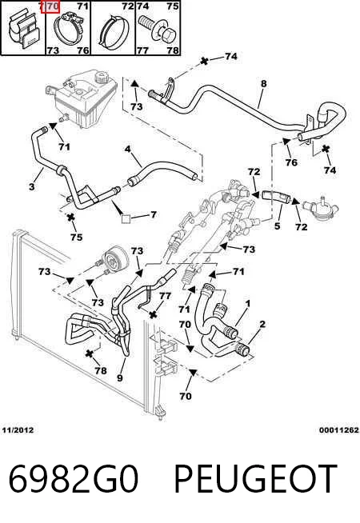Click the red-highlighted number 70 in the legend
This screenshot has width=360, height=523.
pyautogui.click(x=50, y=6)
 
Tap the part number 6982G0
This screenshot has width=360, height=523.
pyautogui.click(x=74, y=478)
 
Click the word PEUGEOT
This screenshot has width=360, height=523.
pyautogui.click(x=255, y=478)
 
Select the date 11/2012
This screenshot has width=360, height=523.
pyautogui.click(x=18, y=430)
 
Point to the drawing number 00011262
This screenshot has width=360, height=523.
pyautogui.click(x=339, y=430)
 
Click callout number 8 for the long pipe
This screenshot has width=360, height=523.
pyautogui.click(x=263, y=83)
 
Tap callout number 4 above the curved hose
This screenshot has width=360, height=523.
pyautogui.click(x=128, y=149)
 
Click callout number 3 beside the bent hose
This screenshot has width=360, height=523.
pyautogui.click(x=32, y=186)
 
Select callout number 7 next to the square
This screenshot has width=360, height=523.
pyautogui.click(x=153, y=214)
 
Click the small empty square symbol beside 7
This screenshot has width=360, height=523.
pyautogui.click(x=126, y=219)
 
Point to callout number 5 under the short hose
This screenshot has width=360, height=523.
pyautogui.click(x=278, y=226)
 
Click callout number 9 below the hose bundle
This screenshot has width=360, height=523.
pyautogui.click(x=120, y=377)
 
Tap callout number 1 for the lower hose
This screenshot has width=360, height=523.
pyautogui.click(x=248, y=304)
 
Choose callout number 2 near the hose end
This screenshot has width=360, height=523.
pyautogui.click(x=262, y=324)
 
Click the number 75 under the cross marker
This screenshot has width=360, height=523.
pyautogui.click(x=77, y=237)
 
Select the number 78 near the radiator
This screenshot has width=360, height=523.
pyautogui.click(x=101, y=370)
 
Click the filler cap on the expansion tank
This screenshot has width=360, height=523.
pyautogui.click(x=101, y=78)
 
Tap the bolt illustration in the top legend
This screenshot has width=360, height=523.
pyautogui.click(x=158, y=29)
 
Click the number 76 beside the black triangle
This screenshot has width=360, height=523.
pyautogui.click(x=291, y=162)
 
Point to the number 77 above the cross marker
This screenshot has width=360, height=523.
pyautogui.click(x=165, y=296)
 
